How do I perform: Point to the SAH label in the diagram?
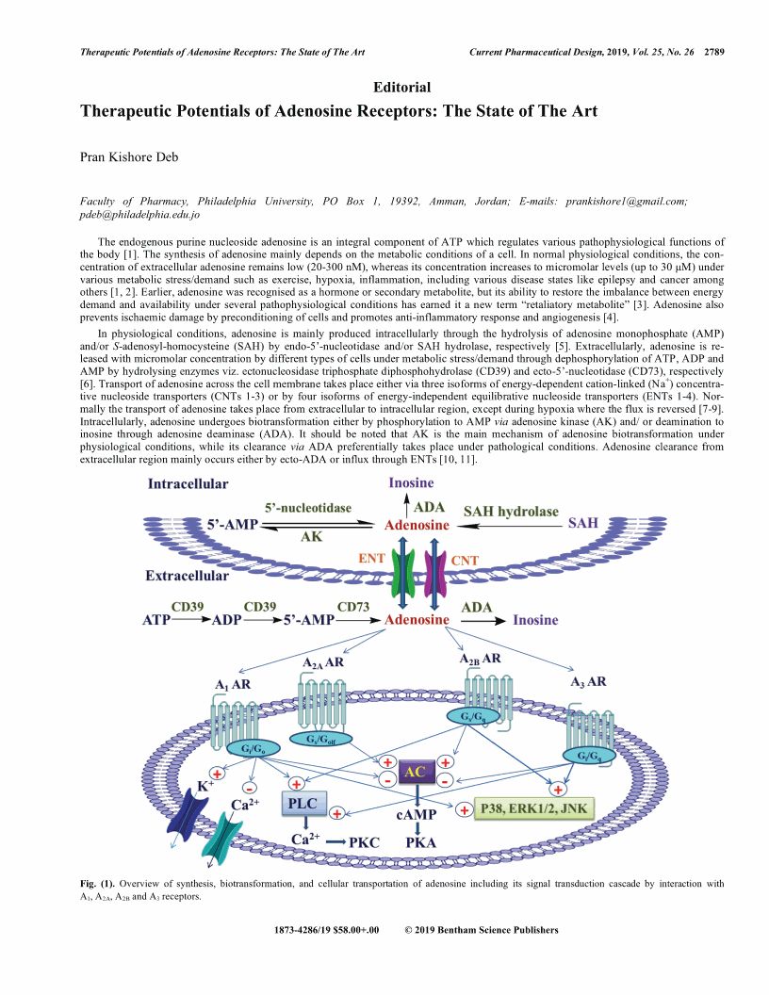click(x=582, y=523)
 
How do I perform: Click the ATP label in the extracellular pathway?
click(x=157, y=622)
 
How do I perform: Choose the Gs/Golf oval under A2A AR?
click(x=322, y=740)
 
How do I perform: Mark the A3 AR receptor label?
click(x=588, y=680)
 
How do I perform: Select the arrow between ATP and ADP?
click(x=195, y=622)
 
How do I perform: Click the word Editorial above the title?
click(x=402, y=88)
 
